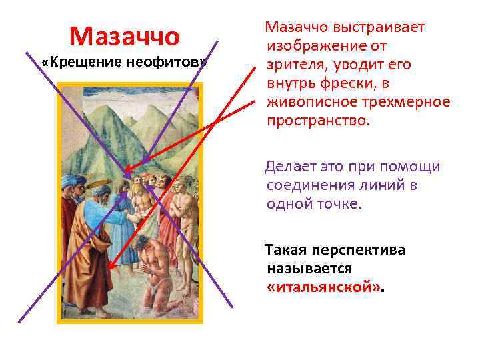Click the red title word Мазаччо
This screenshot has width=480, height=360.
point(124,36)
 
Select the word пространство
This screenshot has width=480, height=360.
point(315,121)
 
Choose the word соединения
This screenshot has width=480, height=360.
point(309,185)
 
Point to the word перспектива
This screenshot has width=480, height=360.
point(362,251)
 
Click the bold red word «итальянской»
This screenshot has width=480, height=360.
point(325,287)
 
